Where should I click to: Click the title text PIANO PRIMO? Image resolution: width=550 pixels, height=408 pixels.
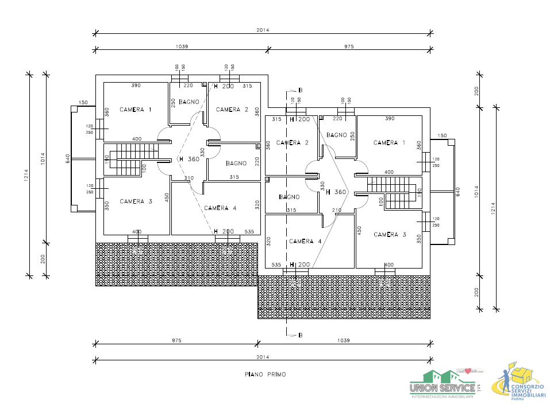[x=265, y=374]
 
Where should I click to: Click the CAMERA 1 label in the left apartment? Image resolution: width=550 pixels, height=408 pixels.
[x=136, y=110]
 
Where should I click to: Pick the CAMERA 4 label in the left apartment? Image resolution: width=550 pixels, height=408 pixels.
[x=220, y=208]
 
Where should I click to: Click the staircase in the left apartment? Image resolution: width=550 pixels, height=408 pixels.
[x=131, y=160]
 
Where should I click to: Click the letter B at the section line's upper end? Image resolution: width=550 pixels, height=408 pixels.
[x=300, y=91]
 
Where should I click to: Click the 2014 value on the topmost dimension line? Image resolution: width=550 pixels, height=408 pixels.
[x=263, y=30]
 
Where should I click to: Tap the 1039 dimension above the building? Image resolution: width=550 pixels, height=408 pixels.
[x=182, y=46]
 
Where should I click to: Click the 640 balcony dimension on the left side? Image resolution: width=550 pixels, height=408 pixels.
[x=68, y=158]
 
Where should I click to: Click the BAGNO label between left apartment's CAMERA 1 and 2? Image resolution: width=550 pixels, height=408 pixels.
[x=189, y=102]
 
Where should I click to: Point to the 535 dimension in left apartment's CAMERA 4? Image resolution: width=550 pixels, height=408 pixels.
[x=249, y=232]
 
